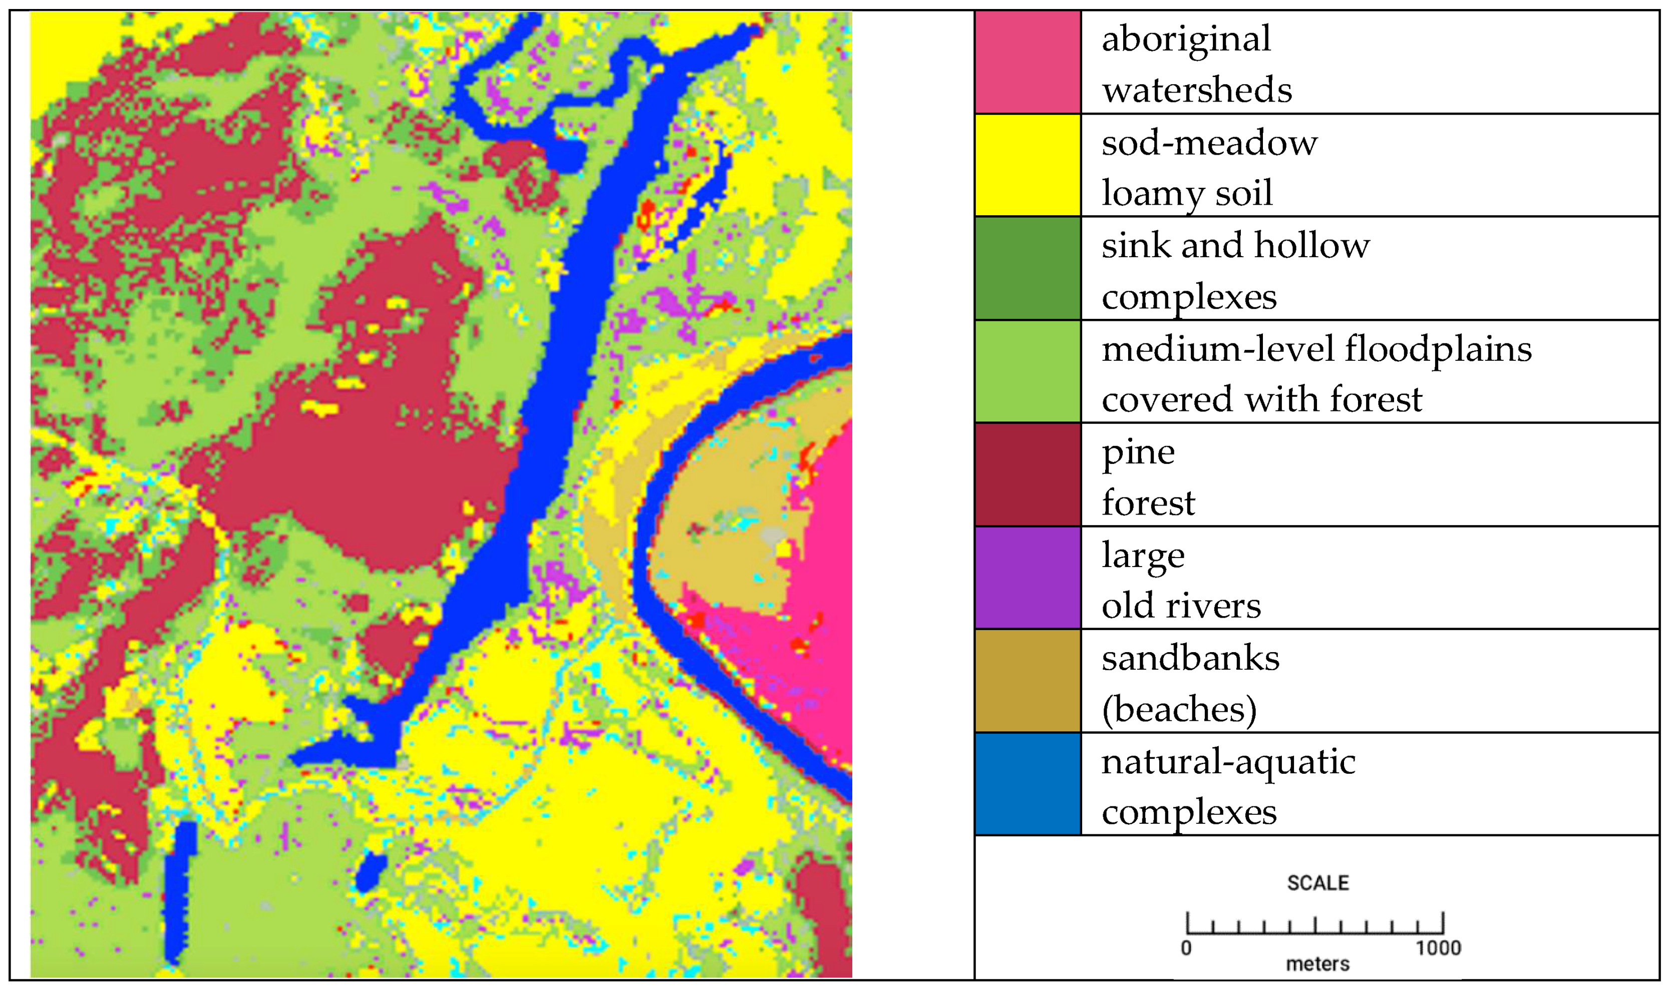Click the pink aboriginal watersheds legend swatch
1027,62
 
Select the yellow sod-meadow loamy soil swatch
1027,165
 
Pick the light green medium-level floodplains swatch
1027,371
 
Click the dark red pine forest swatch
1027,474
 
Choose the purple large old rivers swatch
1027,578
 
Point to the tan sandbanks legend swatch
1027,680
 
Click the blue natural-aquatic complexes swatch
1027,784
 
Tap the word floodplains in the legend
1438,349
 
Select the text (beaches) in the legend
1178,709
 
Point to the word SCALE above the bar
1317,883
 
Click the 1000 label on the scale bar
1438,947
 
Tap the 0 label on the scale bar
1186,947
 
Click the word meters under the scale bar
1317,964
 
